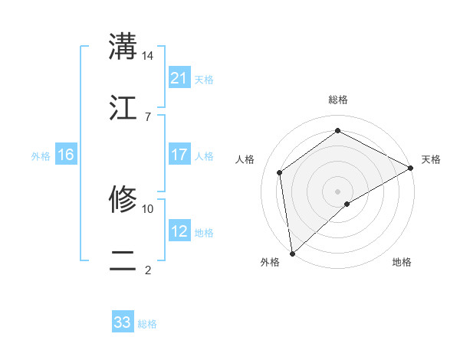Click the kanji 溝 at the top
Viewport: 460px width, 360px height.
coord(123,46)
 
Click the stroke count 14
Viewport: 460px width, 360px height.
coord(148,56)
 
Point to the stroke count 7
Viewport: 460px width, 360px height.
coord(147,116)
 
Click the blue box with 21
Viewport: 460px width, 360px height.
coord(179,78)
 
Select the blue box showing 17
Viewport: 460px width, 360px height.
coord(179,155)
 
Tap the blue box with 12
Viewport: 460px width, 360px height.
coord(179,231)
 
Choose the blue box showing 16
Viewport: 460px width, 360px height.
coord(66,155)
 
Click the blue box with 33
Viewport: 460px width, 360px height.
coord(123,322)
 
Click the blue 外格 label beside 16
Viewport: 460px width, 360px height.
coord(41,155)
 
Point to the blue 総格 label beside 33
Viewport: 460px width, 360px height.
coord(147,324)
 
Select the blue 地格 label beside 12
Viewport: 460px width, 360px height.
coord(204,232)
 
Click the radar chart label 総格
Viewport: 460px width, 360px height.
coord(337,100)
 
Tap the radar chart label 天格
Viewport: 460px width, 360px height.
coord(431,159)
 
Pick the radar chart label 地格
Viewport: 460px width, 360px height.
coord(402,262)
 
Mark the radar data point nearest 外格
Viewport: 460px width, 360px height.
coord(292,253)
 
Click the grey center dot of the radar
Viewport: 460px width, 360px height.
coord(337,191)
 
